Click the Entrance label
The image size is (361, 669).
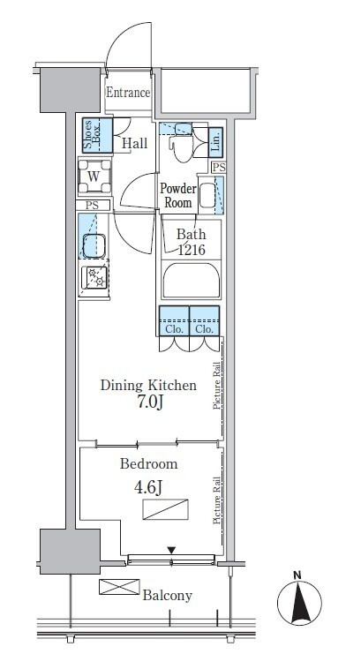(128, 93)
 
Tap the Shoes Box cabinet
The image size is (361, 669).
(97, 135)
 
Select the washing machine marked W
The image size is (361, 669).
(94, 176)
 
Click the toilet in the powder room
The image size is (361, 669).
(184, 142)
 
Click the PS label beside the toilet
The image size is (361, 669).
(219, 168)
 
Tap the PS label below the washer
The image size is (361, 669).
(92, 206)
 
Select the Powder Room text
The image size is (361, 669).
(178, 196)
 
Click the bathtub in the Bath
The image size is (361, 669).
(191, 280)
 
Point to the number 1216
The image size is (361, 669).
(192, 250)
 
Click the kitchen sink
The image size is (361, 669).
(94, 245)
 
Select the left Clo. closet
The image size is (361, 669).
(174, 321)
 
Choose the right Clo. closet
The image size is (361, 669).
(205, 321)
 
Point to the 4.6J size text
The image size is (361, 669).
(148, 487)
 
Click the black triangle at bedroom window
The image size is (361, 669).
(171, 551)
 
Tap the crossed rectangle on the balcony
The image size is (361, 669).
(119, 587)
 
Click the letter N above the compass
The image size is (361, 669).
(297, 575)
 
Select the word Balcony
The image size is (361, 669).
(168, 596)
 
